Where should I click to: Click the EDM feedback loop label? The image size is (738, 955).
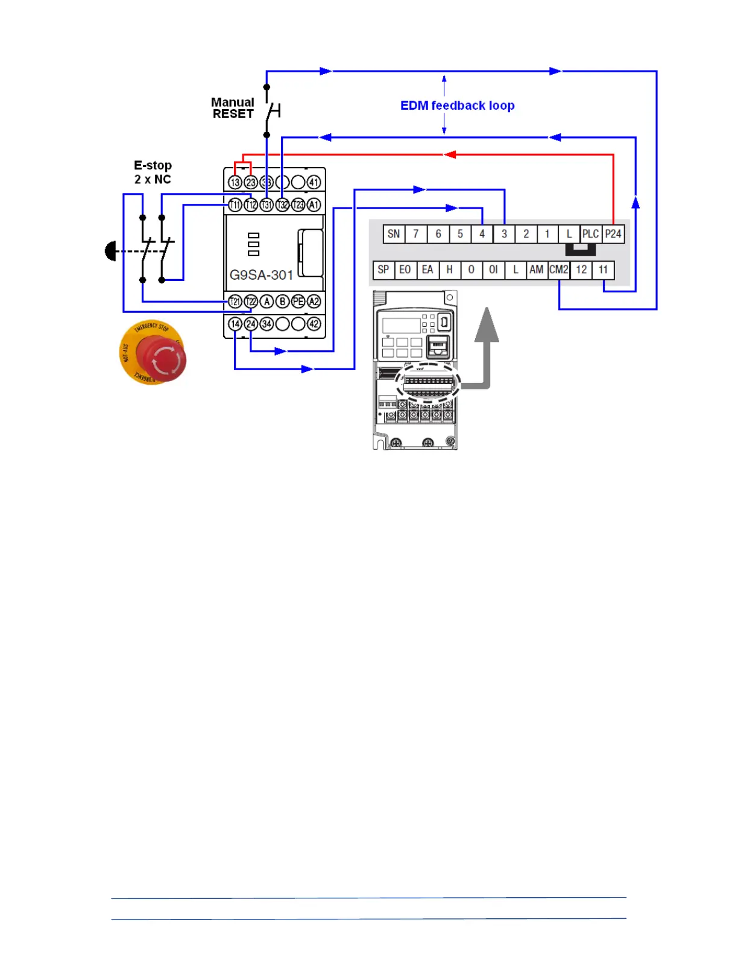click(457, 106)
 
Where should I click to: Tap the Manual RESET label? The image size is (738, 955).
click(233, 108)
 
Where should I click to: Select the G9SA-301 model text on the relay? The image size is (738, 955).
click(261, 275)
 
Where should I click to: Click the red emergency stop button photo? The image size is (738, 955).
click(153, 353)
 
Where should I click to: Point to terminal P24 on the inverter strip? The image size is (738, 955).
click(613, 234)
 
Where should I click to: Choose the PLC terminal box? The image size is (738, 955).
click(590, 234)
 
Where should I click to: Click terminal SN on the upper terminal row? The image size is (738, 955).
click(394, 234)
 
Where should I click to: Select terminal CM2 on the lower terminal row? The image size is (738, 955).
click(559, 269)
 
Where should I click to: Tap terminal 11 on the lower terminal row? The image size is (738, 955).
click(603, 269)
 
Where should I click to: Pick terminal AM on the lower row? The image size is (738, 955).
click(536, 269)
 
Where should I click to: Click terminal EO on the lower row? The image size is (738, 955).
click(405, 269)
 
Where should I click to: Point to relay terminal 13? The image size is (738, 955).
click(235, 182)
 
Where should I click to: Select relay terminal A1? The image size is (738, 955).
click(314, 205)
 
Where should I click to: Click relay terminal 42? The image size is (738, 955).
click(314, 324)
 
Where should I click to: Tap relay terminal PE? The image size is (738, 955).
click(298, 301)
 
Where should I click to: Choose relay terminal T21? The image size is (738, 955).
click(235, 301)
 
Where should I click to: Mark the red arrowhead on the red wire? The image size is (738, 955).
click(450, 154)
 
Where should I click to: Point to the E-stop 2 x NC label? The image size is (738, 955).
click(153, 172)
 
